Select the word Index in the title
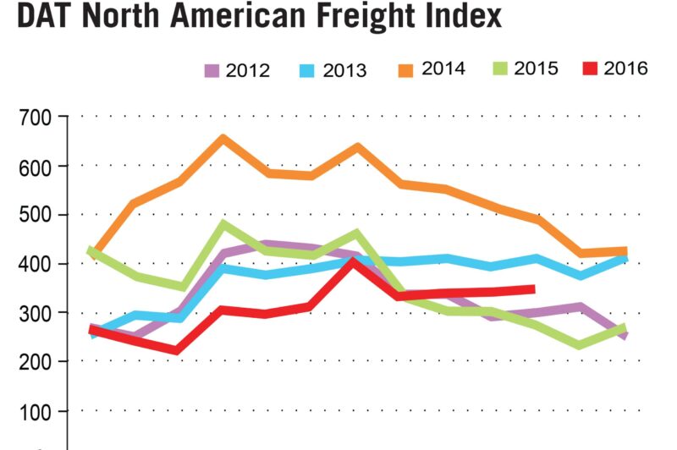[462, 18]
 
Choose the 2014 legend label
[443, 69]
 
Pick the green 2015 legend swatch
[502, 69]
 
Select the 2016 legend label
[626, 69]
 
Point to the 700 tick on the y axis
[34, 117]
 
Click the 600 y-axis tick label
[34, 166]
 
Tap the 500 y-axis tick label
[34, 215]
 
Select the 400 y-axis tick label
[34, 264]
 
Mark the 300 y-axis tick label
[34, 313]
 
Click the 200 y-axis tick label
[34, 362]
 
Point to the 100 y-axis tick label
[34, 411]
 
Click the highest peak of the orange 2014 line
[223, 138]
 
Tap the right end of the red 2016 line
[533, 289]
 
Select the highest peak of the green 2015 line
[223, 224]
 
